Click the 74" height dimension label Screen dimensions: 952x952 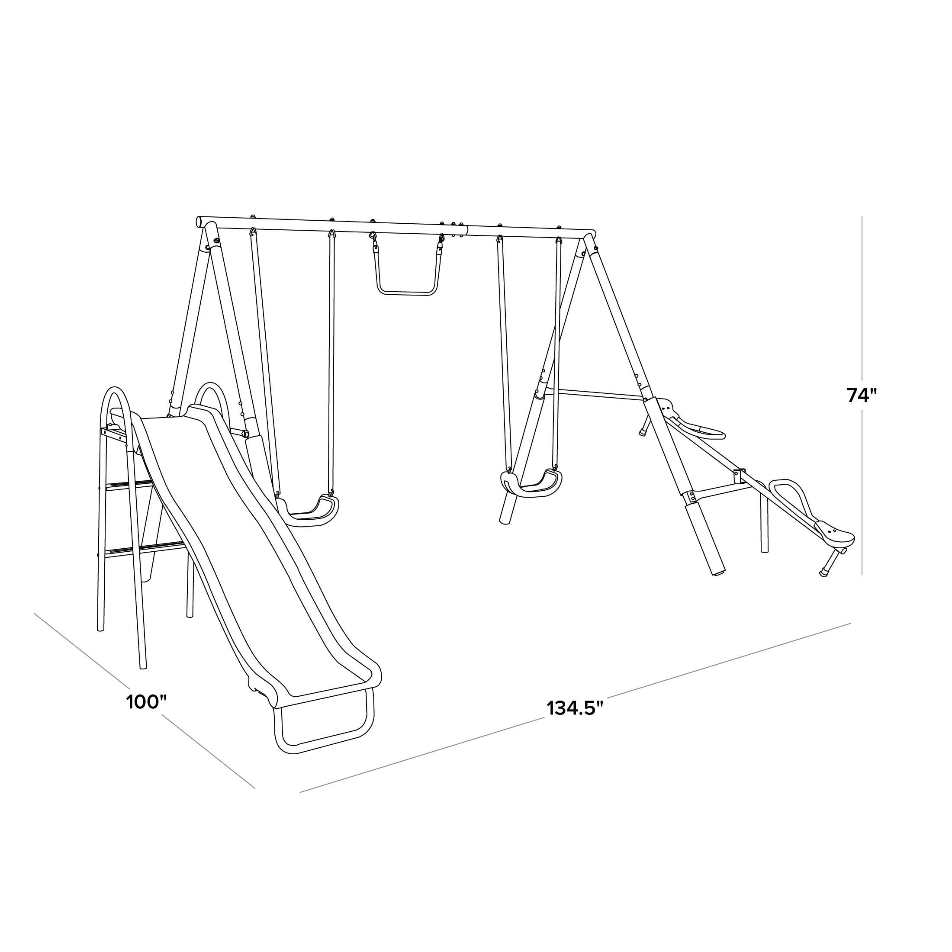[x=862, y=395]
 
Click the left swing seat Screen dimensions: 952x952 [x=308, y=511]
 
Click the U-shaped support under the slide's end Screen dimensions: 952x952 [x=323, y=724]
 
